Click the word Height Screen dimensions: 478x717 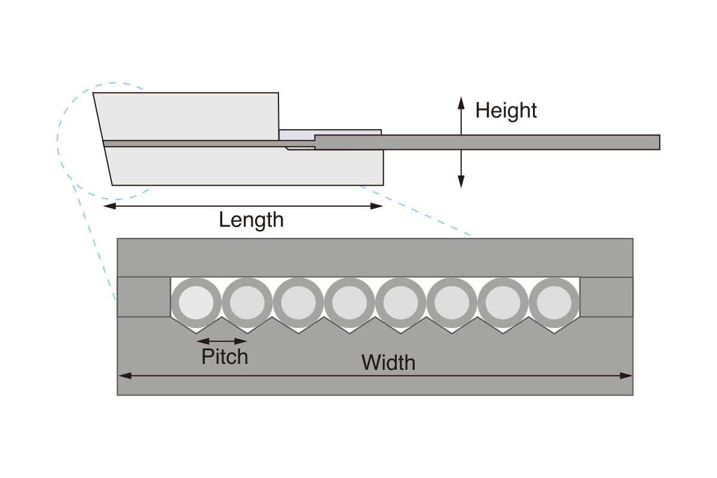coord(505,111)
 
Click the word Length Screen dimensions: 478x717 coord(251,220)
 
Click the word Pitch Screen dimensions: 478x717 coord(225,357)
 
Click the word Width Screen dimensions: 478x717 coord(388,363)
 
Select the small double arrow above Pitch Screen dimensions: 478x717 coord(222,341)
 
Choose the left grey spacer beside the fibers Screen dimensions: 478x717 coord(143,297)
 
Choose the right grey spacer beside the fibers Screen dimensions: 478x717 coord(606,297)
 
